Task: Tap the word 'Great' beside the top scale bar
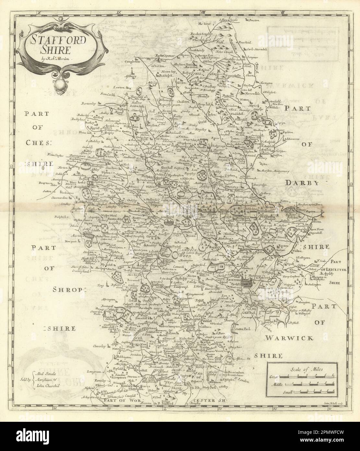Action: [273, 377]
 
